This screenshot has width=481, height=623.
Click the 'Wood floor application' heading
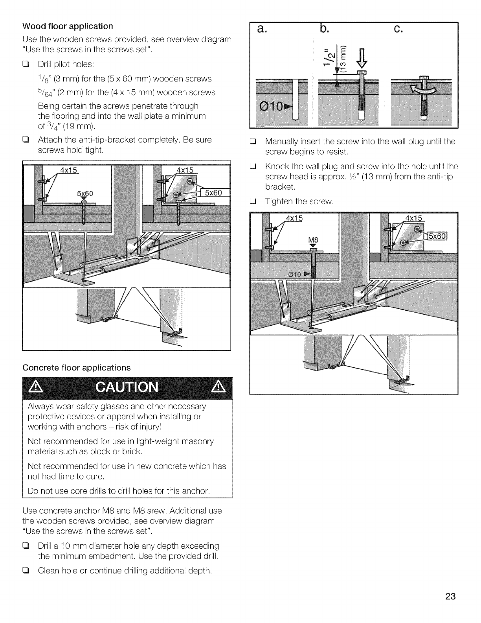click(68, 26)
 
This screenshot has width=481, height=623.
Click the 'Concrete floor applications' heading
click(77, 368)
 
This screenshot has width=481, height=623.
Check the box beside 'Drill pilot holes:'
click(27, 65)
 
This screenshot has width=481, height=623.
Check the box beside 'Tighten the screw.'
click(255, 202)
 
